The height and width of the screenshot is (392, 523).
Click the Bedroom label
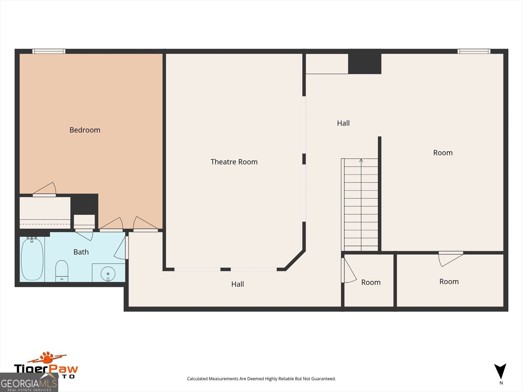coord(85,130)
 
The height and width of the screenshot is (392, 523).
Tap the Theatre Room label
coord(234,162)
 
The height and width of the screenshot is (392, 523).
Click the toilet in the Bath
coord(61,270)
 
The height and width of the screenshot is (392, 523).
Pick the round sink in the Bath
coord(108,273)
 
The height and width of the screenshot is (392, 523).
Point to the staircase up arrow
coord(361,161)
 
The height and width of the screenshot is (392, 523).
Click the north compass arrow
coord(500,371)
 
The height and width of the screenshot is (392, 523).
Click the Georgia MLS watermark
coord(29,383)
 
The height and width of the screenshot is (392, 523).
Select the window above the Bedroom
coord(49,51)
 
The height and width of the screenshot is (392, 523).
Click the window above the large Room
coord(474,51)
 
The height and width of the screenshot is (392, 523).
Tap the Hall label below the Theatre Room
coord(238,284)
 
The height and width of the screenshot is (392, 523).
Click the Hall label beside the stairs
coord(343,123)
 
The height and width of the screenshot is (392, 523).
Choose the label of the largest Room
coord(443,153)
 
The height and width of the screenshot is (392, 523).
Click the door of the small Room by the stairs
coord(348,270)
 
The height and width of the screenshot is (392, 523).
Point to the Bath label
coord(81,252)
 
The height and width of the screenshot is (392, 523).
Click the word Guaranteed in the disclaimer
coord(324,379)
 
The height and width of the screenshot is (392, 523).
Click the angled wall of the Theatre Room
coord(295,260)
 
